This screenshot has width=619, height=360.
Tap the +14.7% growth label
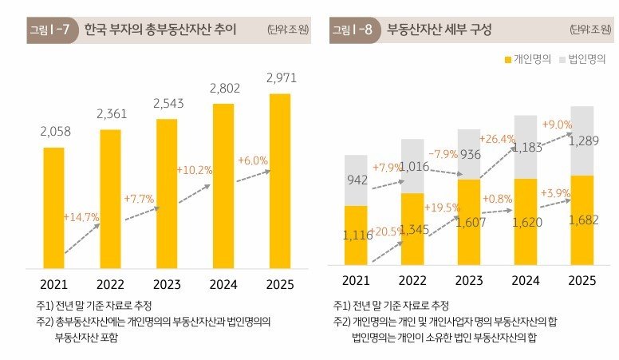coord(81,217)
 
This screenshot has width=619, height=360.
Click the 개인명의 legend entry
coord(527,60)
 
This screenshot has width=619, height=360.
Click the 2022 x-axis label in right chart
coord(412,280)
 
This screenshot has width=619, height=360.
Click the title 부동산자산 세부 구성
coord(439,30)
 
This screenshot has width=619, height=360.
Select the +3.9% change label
coord(555,195)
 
